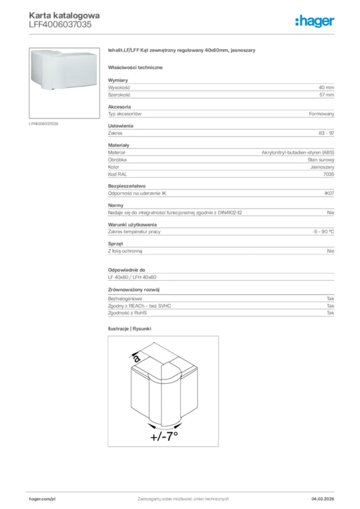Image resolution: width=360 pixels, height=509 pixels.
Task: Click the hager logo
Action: click(x=314, y=21)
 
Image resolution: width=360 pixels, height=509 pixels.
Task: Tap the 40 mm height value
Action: click(x=326, y=87)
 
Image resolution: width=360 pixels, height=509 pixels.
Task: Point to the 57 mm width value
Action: click(x=326, y=94)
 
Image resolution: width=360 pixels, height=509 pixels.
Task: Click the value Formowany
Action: click(x=321, y=114)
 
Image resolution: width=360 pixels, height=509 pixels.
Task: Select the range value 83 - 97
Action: click(x=326, y=133)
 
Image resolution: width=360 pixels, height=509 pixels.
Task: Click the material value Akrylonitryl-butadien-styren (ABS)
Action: click(x=298, y=153)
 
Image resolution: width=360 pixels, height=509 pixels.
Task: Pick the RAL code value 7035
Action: click(x=328, y=174)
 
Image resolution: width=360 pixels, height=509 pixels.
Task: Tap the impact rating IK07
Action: click(x=329, y=193)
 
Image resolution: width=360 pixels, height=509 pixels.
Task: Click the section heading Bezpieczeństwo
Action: click(x=127, y=186)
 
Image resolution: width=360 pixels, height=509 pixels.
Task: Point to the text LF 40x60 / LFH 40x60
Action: click(x=132, y=277)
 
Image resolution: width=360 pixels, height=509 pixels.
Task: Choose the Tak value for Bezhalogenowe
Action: click(x=330, y=299)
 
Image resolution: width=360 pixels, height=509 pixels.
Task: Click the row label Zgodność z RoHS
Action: click(x=128, y=313)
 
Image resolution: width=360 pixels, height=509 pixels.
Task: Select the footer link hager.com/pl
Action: click(x=42, y=499)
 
